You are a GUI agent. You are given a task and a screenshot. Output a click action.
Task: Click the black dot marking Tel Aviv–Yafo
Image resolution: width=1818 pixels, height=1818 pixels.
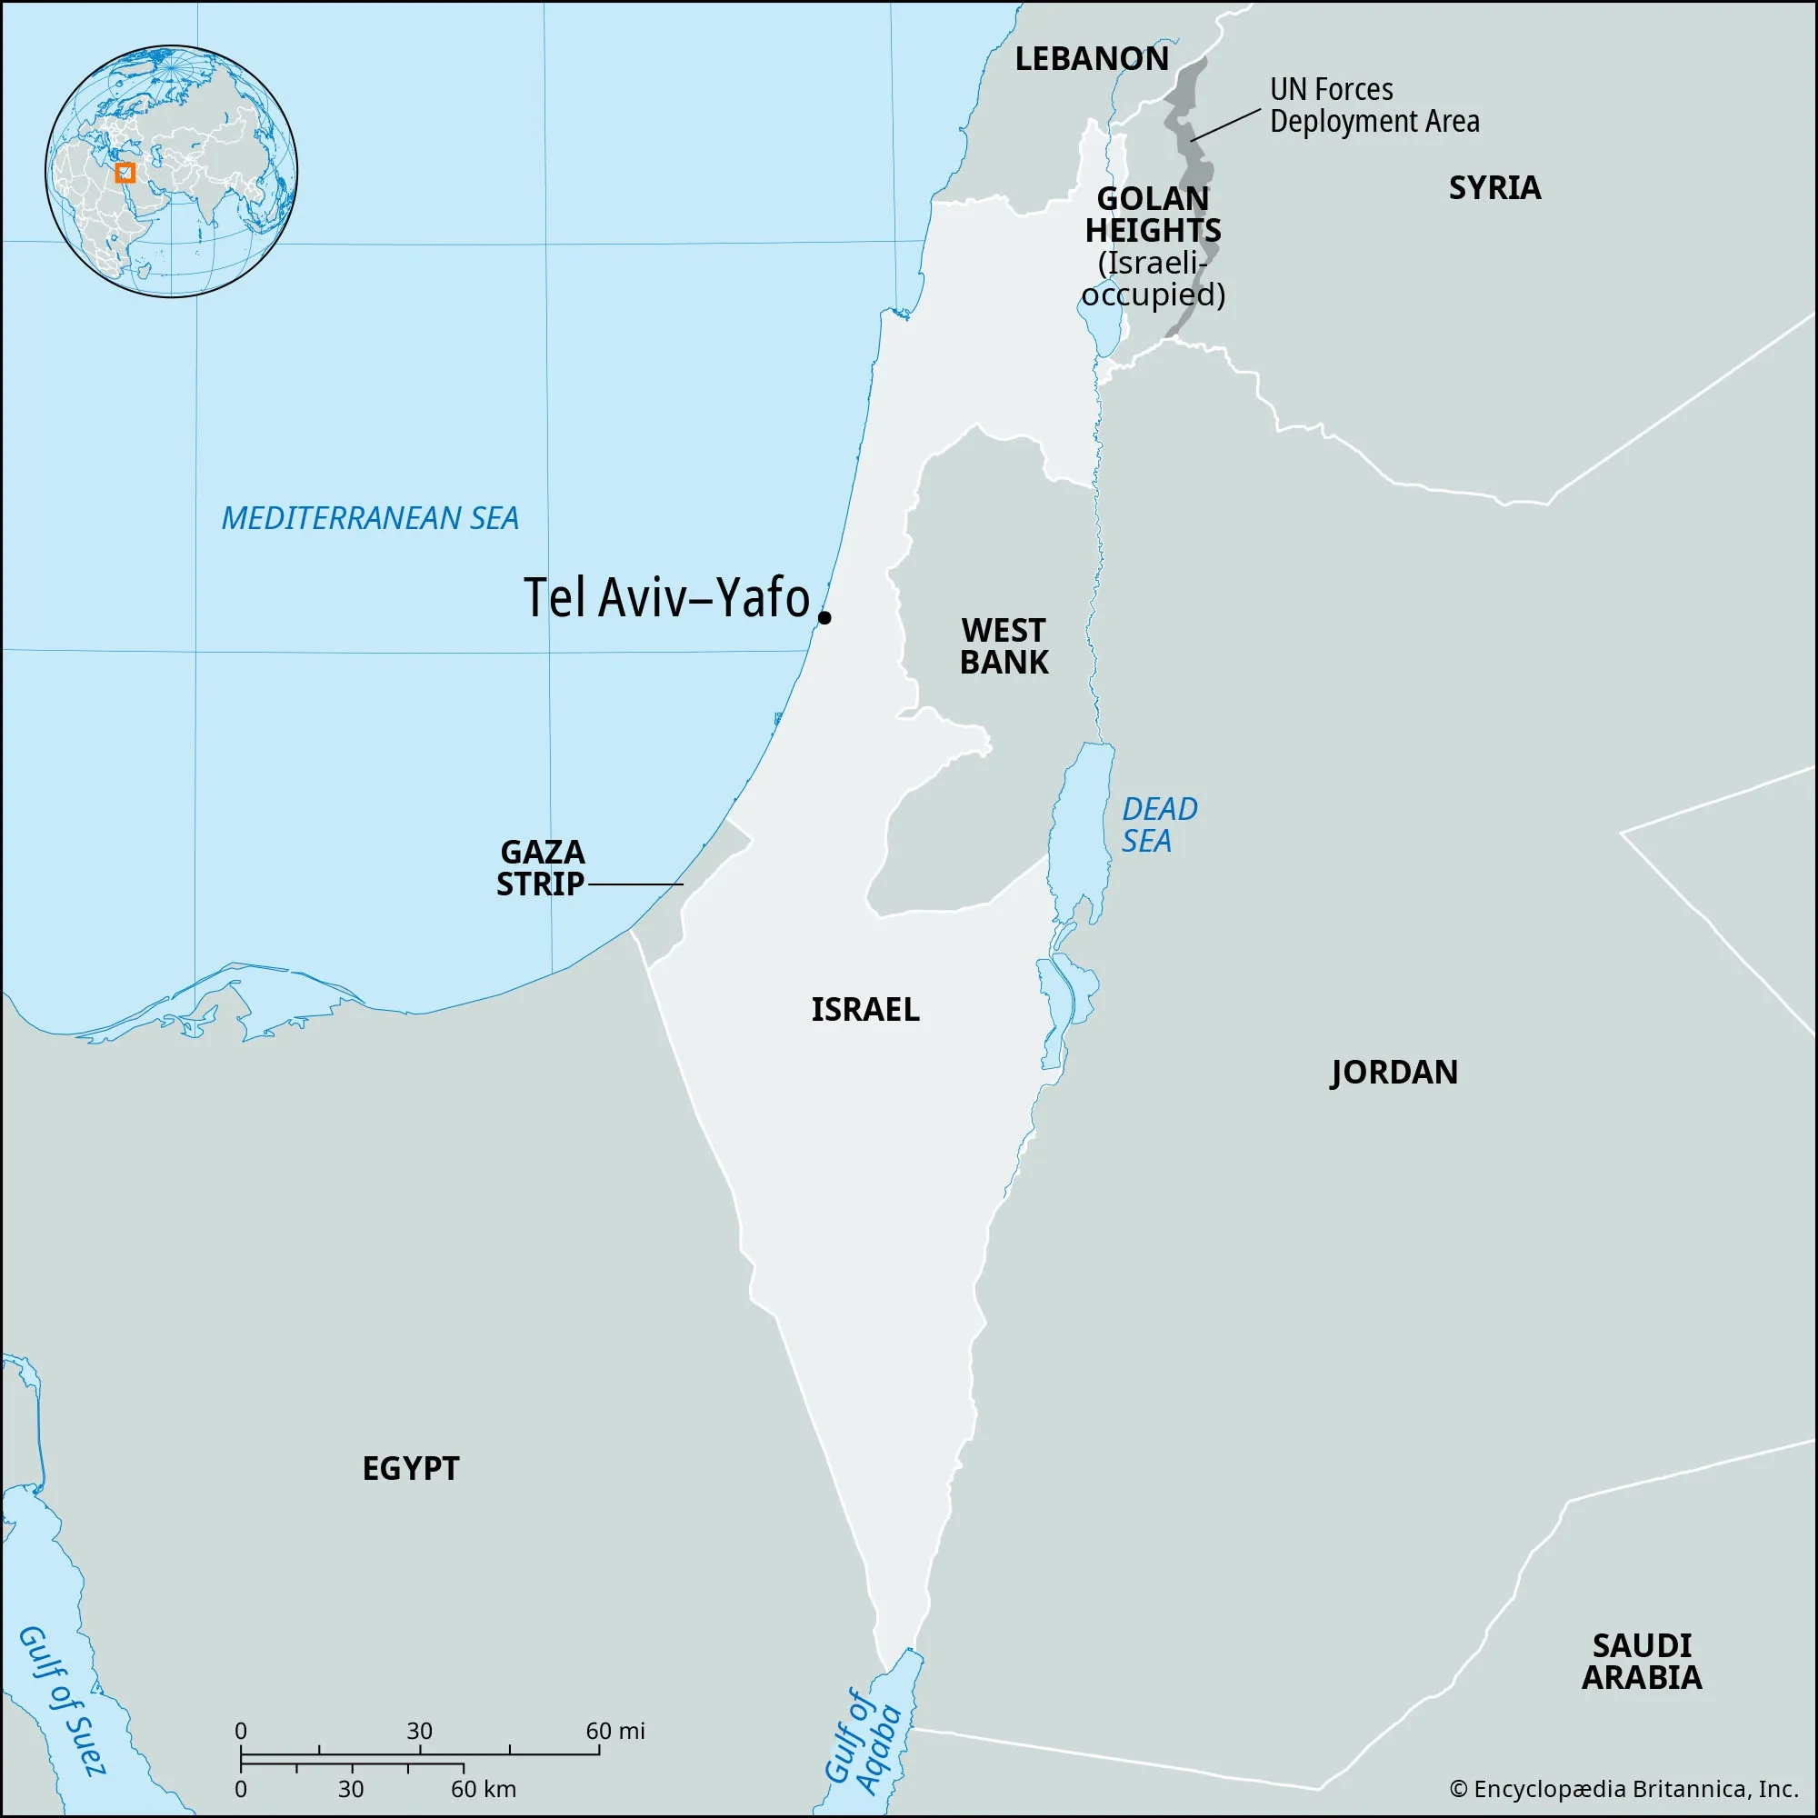coord(824,617)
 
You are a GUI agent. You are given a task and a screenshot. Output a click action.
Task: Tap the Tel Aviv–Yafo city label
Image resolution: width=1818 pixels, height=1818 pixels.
coord(666,597)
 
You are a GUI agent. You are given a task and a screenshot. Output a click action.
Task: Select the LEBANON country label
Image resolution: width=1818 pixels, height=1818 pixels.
coord(1092,59)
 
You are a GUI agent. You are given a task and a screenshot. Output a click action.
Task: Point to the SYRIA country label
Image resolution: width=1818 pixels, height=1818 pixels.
coord(1494,188)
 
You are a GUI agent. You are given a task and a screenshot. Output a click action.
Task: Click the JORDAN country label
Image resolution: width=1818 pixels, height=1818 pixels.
coord(1393,1072)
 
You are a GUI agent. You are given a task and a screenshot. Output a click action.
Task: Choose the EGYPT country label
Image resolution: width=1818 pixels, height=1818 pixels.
coord(410,1468)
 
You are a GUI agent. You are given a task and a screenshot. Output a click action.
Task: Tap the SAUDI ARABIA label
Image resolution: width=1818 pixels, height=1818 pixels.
coord(1641,1661)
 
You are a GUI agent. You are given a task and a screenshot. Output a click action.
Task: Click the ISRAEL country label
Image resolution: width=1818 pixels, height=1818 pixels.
coord(864,1010)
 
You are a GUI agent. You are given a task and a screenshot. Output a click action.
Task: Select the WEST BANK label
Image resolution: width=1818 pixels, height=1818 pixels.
coord(1004,646)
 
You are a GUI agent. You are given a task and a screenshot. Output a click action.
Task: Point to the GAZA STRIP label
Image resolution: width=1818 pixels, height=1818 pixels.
coord(541,867)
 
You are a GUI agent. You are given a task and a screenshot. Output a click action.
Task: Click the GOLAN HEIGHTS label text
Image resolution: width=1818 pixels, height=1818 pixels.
coord(1153,215)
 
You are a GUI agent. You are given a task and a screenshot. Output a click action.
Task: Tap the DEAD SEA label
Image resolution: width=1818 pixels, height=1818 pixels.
coord(1158,824)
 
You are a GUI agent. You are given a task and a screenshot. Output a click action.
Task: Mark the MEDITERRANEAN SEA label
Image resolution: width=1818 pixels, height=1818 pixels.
coord(370,518)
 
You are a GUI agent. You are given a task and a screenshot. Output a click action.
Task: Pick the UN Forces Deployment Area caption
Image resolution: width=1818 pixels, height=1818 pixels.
coord(1373,105)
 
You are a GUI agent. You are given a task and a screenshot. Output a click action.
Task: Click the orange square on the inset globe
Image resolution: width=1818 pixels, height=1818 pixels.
coord(125,173)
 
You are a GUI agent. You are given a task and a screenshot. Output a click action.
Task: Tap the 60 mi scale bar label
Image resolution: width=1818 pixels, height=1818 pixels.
coord(615,1731)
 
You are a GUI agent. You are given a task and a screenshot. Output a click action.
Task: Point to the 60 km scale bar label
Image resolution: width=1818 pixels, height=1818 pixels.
coord(483,1789)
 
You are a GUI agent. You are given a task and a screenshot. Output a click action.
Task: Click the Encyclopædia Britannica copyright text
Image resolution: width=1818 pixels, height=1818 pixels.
coord(1624,1789)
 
